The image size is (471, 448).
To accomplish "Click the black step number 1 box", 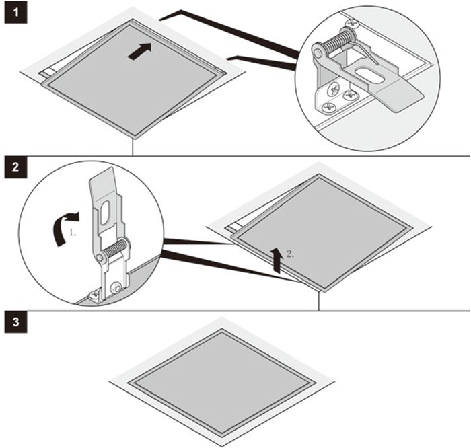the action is pos(15,13).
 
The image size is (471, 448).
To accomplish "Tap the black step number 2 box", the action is pos(15,167).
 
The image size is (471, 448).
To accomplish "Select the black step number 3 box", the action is pos(15,322).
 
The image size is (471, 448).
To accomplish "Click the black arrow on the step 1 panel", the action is pos(140,51).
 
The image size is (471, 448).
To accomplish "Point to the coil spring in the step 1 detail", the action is pos(341,42).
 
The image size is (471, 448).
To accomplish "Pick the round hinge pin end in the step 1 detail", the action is pos(317,53).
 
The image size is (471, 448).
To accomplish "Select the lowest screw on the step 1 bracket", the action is pos(328,107).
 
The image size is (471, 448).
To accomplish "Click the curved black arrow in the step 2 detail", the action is pos(64,228).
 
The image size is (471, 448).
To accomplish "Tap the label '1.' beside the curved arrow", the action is pos(73,232).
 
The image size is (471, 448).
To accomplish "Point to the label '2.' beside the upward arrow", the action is pos(290,254).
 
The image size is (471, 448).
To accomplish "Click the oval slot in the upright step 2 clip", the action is pos(105,213).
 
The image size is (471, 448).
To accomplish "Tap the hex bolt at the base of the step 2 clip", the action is pos(115,289).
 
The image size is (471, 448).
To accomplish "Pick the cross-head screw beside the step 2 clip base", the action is pos(94,296).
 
